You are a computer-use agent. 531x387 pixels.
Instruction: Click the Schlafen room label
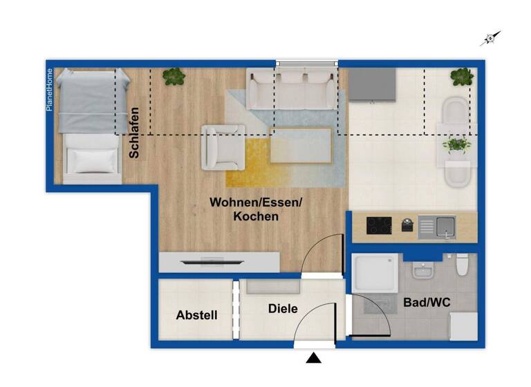click(135, 132)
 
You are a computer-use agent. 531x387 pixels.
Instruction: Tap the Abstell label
click(196, 315)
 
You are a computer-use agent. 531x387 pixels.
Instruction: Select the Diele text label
click(283, 308)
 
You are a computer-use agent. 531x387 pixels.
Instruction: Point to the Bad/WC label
click(422, 302)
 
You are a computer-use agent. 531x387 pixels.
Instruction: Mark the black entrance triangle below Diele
click(315, 358)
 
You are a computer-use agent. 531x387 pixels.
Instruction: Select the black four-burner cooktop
click(379, 225)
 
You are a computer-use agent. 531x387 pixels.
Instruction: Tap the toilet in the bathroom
click(463, 264)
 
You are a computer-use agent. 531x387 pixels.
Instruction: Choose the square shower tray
click(375, 275)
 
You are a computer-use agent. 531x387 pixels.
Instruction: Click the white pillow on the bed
click(92, 160)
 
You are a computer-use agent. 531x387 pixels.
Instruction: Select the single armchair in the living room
click(222, 147)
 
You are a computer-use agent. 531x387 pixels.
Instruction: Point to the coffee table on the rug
click(301, 144)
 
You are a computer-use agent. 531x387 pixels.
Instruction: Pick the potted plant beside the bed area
click(173, 76)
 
